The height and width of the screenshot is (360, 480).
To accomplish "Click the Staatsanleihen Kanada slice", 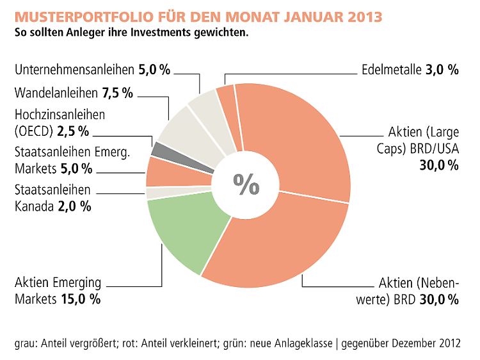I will (154, 193).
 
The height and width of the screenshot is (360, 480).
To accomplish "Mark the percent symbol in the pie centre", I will (246, 184).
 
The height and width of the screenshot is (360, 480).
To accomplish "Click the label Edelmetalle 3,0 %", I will (410, 70).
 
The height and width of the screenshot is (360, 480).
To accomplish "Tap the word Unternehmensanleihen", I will (74, 69).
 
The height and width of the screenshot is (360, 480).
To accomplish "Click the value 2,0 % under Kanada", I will (76, 206).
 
